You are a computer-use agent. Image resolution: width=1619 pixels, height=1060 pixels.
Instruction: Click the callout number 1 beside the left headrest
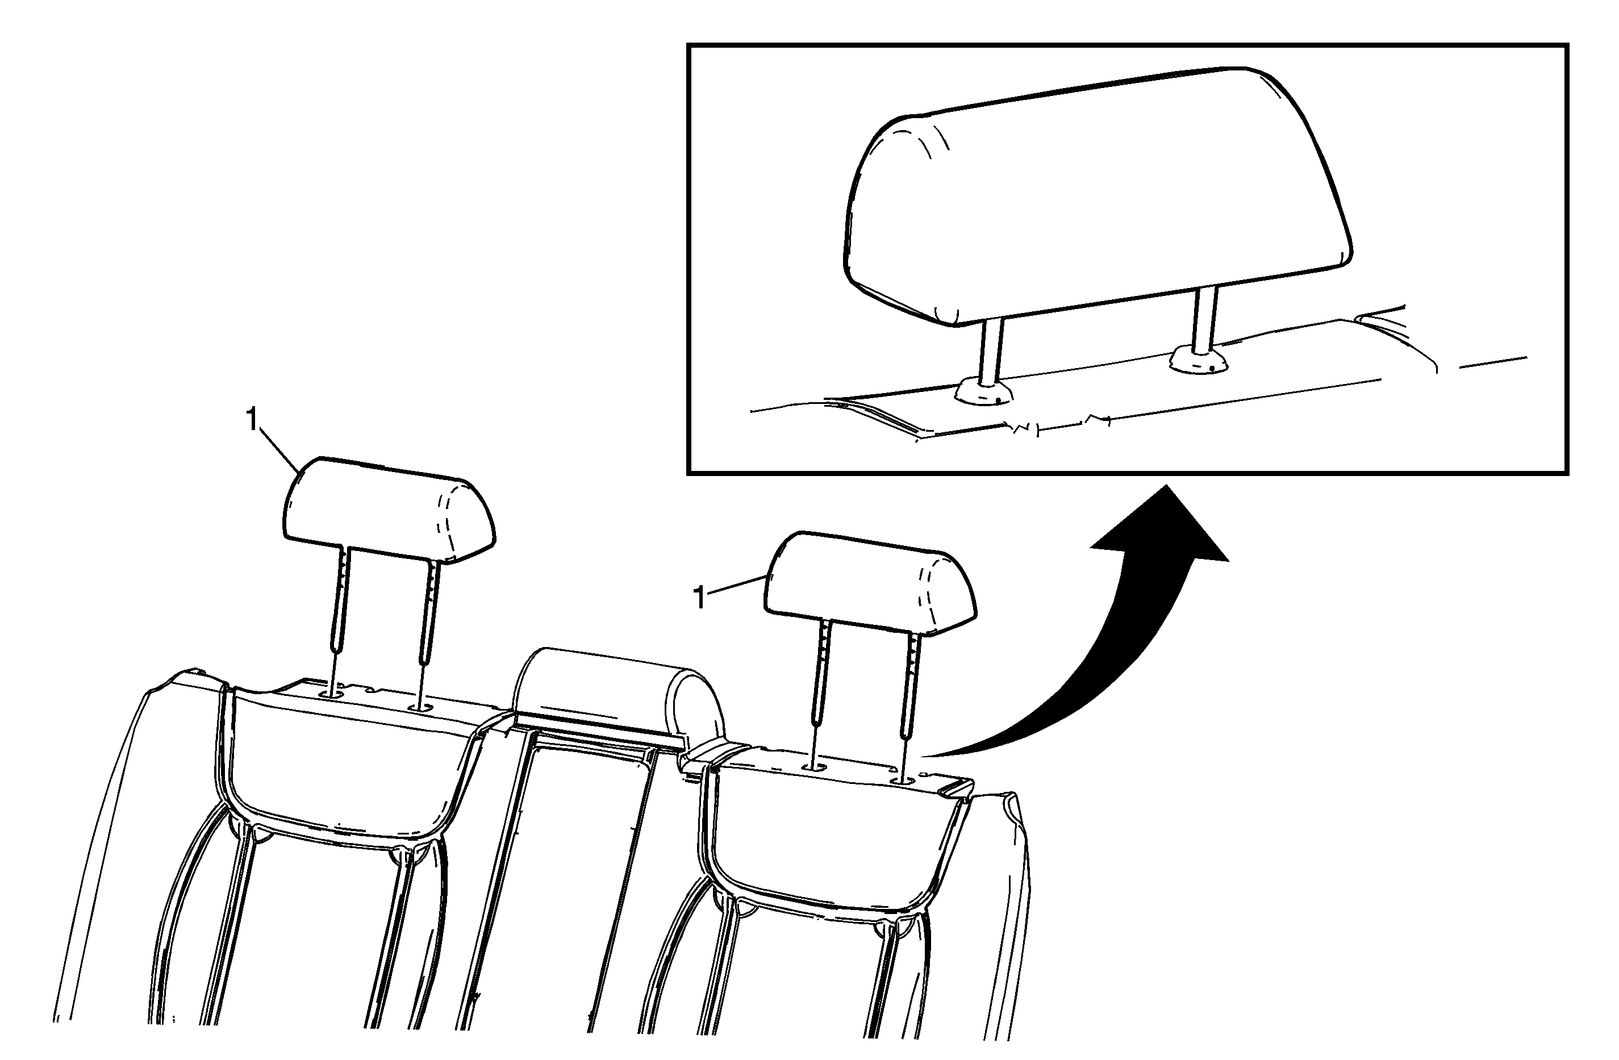(252, 420)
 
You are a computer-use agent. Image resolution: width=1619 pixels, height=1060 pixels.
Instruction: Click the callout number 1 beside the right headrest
(699, 598)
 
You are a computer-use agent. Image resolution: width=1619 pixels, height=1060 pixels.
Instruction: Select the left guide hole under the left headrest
(333, 695)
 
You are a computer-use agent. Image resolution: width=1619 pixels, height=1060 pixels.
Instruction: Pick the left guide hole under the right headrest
(813, 767)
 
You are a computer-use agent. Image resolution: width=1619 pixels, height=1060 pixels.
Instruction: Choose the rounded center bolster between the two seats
(619, 694)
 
